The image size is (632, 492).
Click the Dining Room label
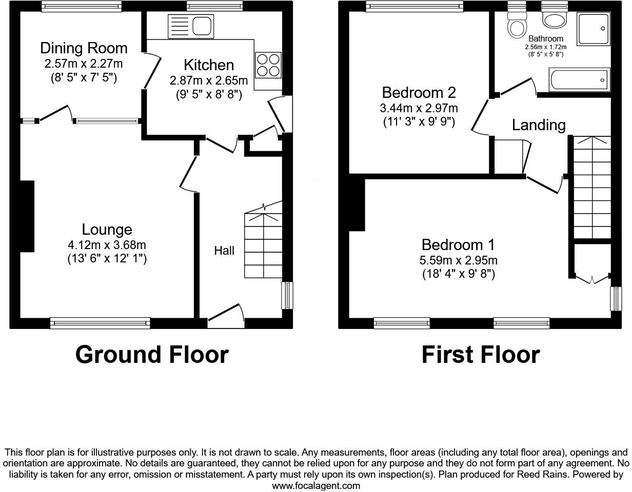(x=84, y=48)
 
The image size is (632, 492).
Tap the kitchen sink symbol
(x=190, y=26)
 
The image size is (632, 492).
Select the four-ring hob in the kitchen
(x=268, y=65)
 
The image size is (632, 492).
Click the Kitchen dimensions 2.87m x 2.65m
(x=209, y=81)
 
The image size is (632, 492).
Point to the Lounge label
(x=107, y=230)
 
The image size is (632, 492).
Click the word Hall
(x=224, y=251)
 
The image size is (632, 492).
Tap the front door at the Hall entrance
(x=226, y=315)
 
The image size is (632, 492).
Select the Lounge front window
(x=100, y=323)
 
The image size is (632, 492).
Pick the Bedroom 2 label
(x=419, y=93)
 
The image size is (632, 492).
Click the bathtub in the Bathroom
(x=579, y=80)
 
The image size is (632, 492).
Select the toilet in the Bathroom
(x=517, y=23)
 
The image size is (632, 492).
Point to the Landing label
(x=539, y=125)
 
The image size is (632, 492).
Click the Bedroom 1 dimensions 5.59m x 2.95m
(x=458, y=260)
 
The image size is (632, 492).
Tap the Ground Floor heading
(x=152, y=355)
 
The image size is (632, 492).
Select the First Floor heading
(x=480, y=355)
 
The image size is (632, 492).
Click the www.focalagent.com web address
(x=316, y=485)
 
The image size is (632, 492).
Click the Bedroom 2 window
(x=414, y=6)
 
